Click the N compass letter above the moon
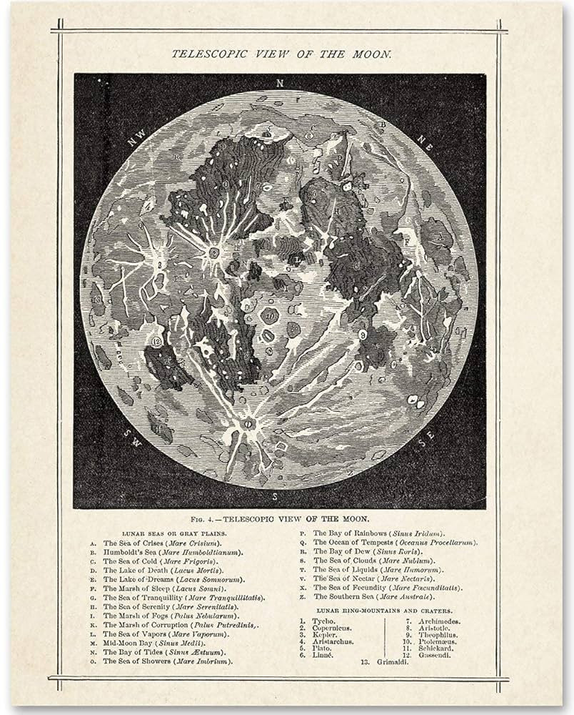pos(280,83)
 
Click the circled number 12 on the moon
pos(156,342)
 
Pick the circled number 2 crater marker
pos(213,252)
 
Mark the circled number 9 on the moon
pos(363,334)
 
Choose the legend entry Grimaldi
pos(393,661)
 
